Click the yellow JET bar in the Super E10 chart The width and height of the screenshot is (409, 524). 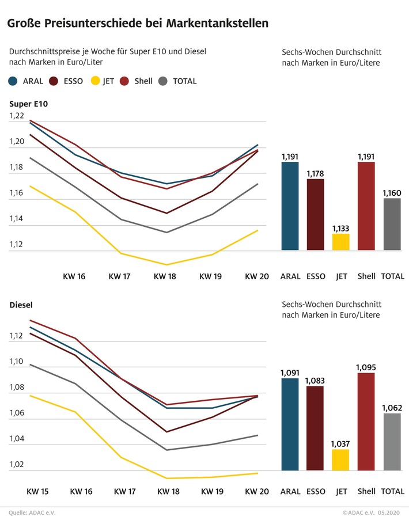click(x=340, y=242)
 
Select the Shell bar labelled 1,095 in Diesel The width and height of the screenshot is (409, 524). click(x=366, y=422)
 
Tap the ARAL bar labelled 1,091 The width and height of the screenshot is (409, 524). click(x=290, y=424)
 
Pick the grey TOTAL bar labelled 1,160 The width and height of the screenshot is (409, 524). click(x=392, y=225)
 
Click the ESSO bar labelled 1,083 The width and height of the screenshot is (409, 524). click(x=315, y=428)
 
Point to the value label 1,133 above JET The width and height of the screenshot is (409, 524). click(x=340, y=229)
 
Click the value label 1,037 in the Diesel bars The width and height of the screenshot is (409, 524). click(x=340, y=444)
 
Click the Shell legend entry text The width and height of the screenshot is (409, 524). click(x=143, y=81)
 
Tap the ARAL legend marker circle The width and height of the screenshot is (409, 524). click(x=13, y=81)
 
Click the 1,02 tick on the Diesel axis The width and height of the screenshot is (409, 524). click(x=17, y=465)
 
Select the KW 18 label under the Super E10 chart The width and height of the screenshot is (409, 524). click(x=166, y=276)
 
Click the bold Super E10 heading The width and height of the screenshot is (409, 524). click(x=29, y=104)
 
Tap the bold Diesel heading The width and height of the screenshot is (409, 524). click(x=22, y=305)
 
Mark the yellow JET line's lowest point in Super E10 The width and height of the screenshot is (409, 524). click(x=166, y=265)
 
